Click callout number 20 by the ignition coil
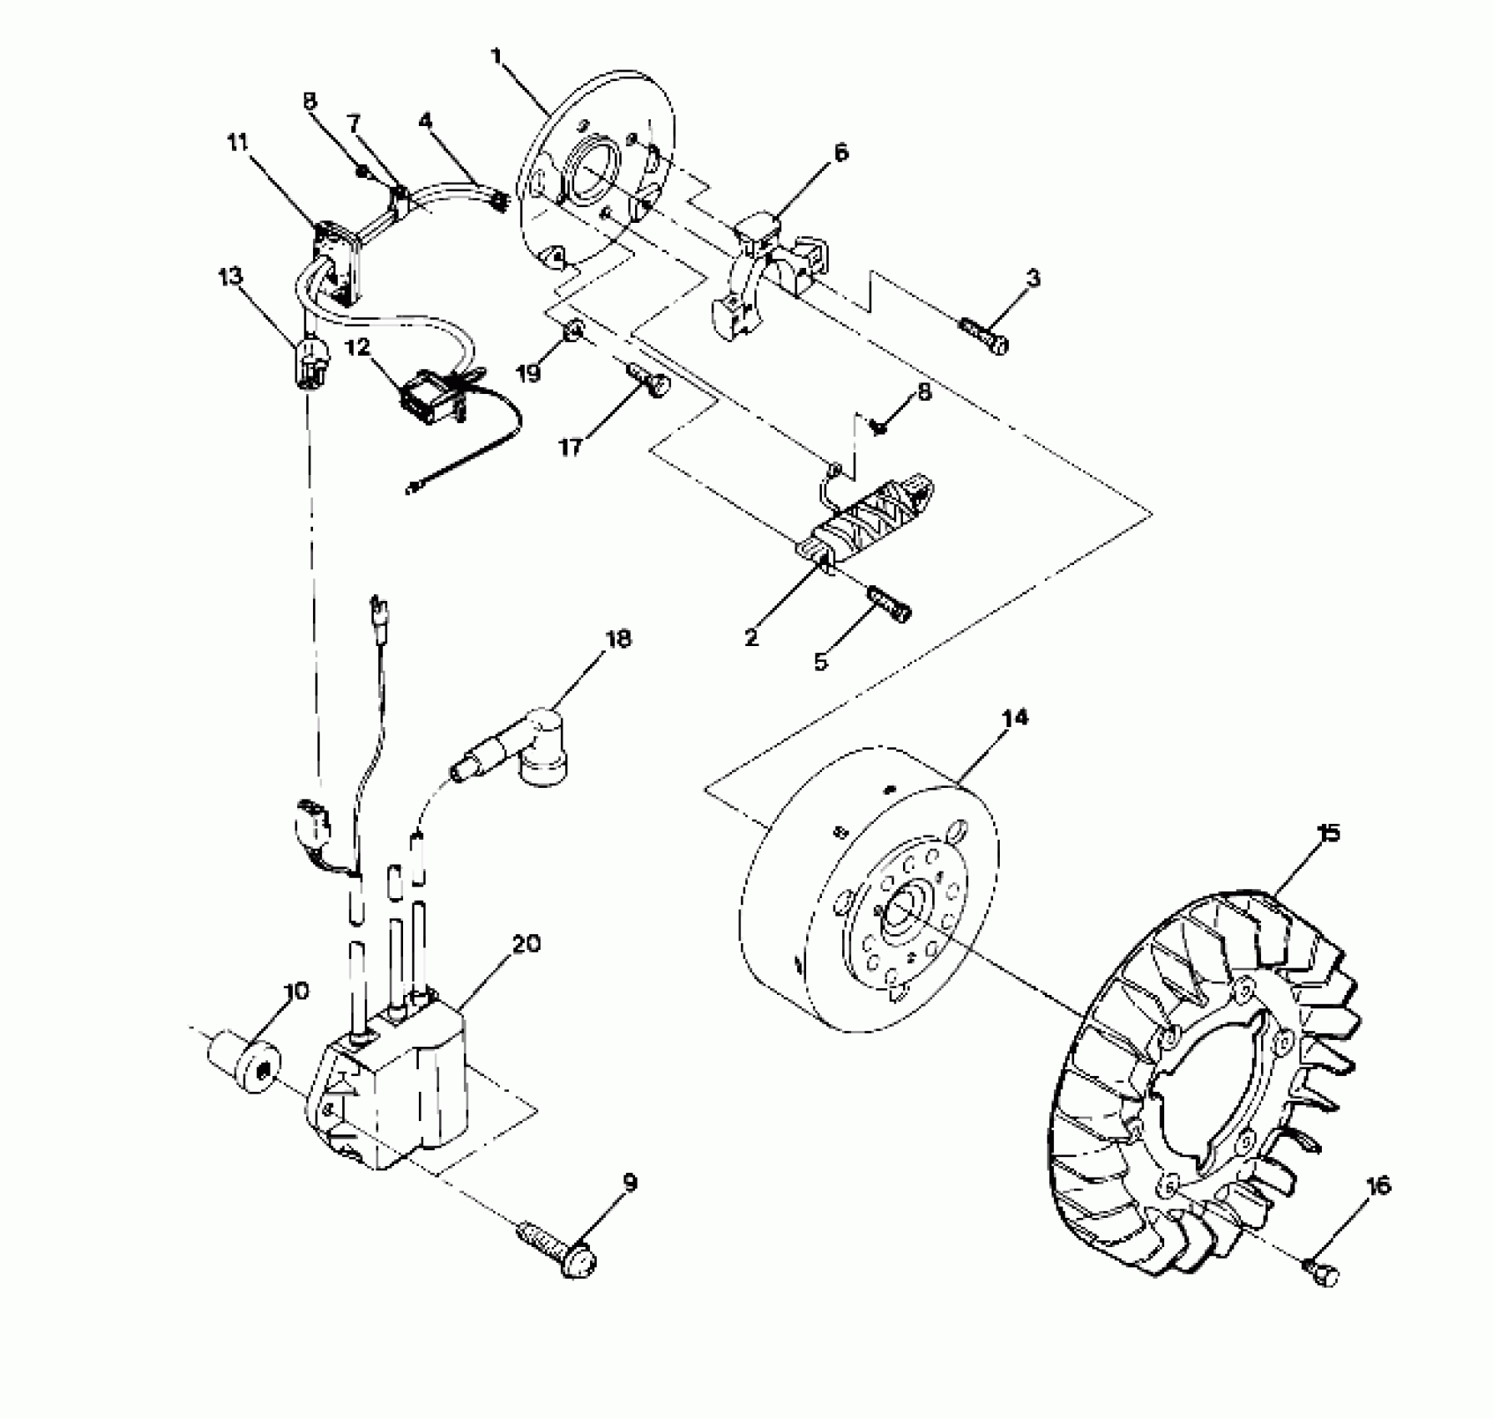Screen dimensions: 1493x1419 coord(527,944)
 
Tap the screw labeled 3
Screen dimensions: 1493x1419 coord(986,337)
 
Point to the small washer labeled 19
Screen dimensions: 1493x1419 coord(572,332)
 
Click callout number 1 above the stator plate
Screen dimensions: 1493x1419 coord(497,57)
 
